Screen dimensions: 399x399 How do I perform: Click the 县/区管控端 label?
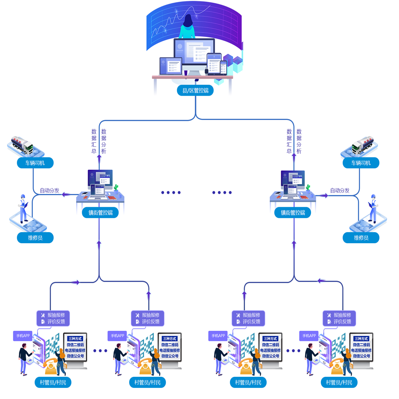(x=195, y=90)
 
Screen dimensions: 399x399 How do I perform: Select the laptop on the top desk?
(x=171, y=66)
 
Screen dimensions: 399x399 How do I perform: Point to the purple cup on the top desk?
(x=186, y=73)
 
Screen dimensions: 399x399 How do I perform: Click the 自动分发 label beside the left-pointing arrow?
(x=49, y=191)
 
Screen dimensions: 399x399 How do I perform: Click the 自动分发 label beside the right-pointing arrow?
(x=340, y=191)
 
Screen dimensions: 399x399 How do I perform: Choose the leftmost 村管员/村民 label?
(x=53, y=383)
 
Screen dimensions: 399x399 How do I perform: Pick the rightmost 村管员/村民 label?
(x=339, y=383)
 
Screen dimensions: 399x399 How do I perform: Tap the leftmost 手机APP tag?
(x=23, y=336)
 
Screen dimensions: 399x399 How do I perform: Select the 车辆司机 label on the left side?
(x=35, y=163)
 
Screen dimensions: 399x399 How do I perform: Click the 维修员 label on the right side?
(x=361, y=238)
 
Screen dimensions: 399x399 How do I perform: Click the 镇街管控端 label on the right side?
(x=293, y=213)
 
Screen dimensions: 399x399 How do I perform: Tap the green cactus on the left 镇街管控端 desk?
(x=116, y=188)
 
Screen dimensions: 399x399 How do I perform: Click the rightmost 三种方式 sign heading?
(x=361, y=338)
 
